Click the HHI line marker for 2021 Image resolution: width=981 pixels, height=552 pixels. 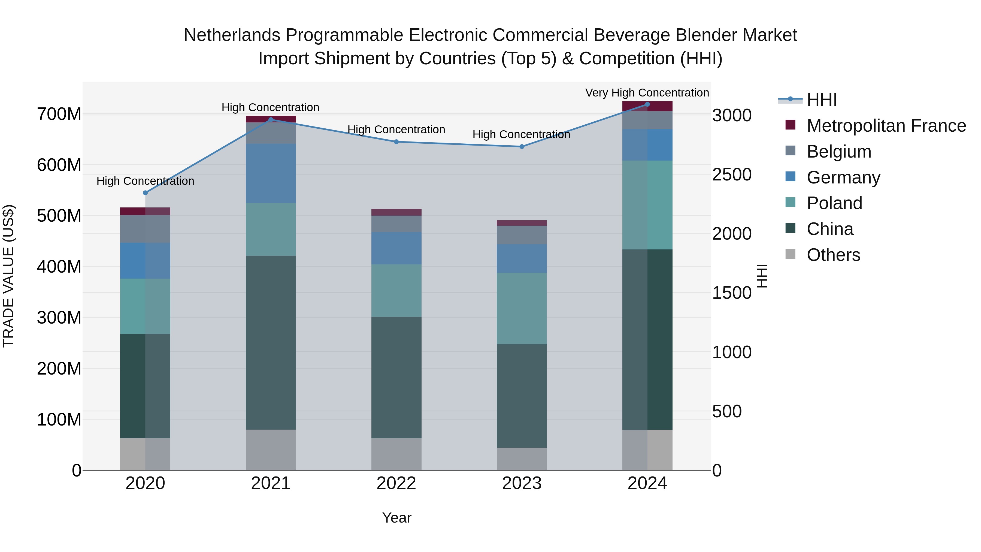271,120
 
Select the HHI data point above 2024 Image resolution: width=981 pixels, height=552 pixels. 647,104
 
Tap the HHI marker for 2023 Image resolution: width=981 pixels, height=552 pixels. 522,147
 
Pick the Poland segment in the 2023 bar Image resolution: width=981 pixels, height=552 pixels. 522,309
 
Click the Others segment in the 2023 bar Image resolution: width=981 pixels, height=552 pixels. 522,459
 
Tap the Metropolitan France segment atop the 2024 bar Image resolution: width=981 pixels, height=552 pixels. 647,107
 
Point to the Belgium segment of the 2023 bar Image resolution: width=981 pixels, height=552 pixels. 522,235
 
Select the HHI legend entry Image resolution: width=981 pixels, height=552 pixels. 821,100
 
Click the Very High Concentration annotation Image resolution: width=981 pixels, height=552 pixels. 647,93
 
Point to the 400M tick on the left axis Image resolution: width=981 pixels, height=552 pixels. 59,267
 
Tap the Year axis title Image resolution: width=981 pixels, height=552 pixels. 396,518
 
